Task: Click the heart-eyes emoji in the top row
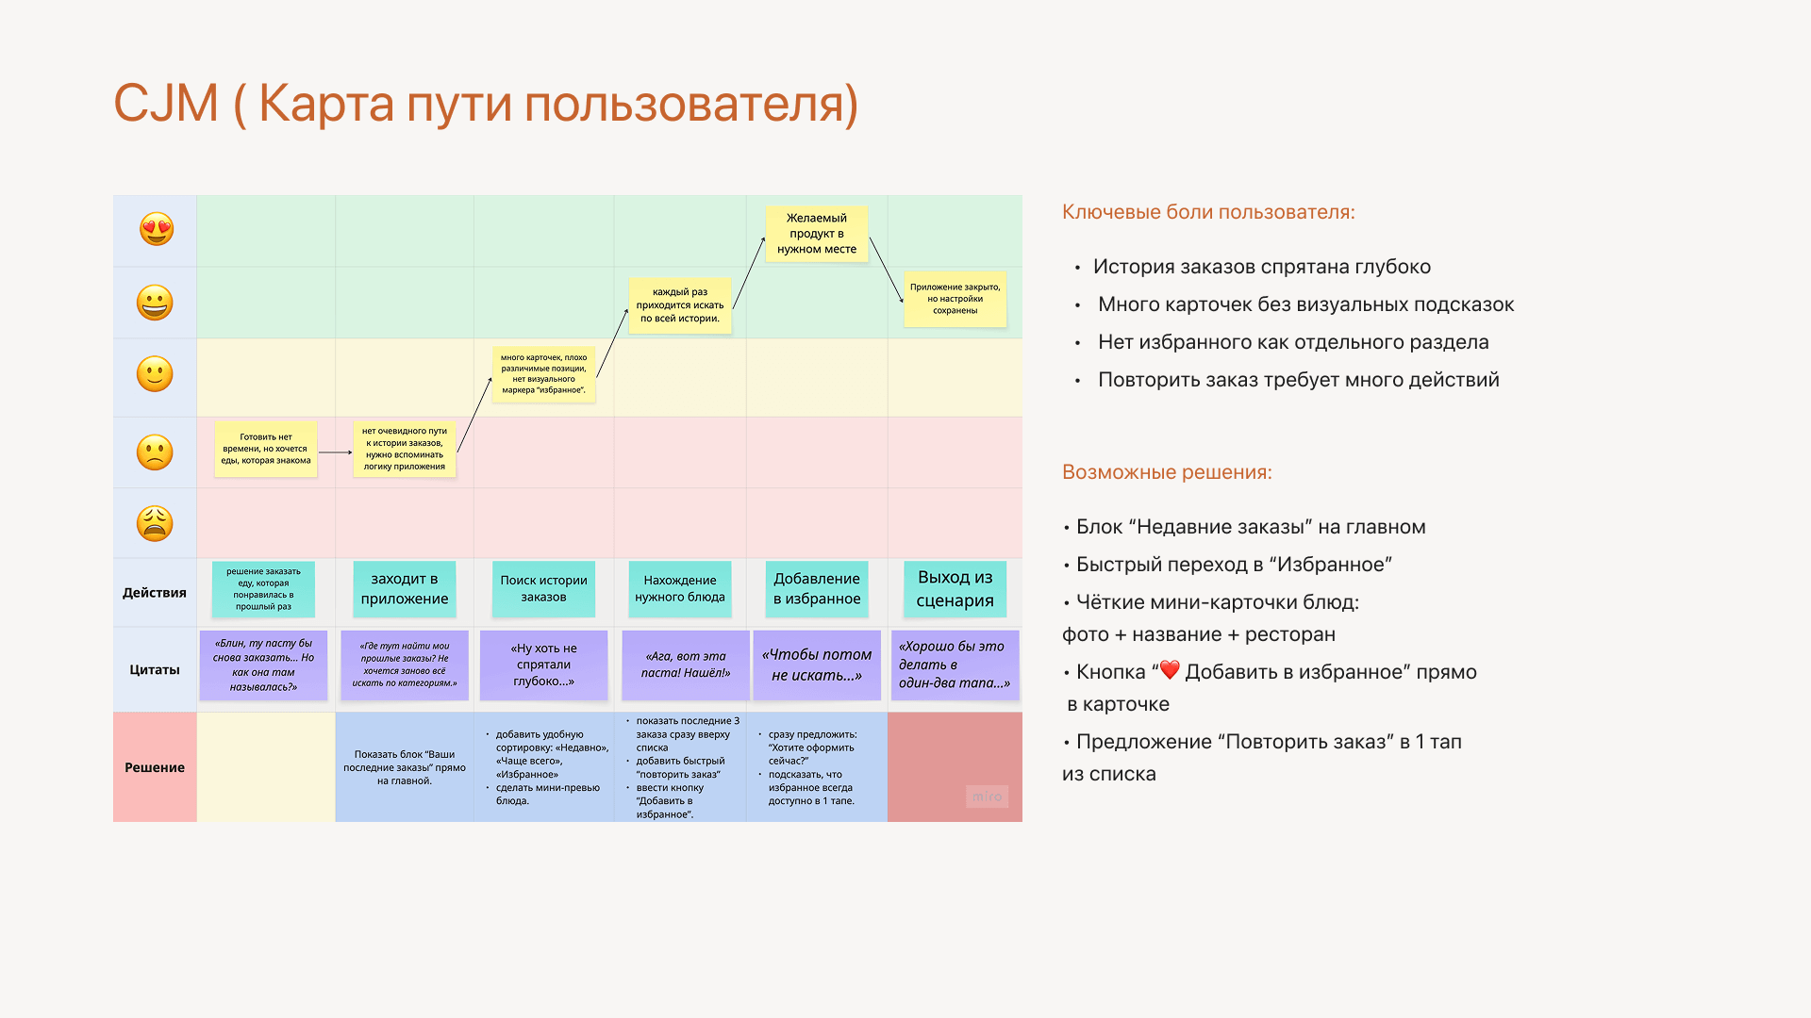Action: (157, 229)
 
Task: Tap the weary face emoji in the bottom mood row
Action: (155, 523)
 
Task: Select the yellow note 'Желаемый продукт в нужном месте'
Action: (816, 234)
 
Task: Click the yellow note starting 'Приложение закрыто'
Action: (955, 299)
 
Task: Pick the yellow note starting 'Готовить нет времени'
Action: (265, 449)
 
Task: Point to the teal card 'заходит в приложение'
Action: (404, 589)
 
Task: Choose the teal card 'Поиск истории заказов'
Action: (543, 589)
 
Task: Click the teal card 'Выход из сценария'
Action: (955, 589)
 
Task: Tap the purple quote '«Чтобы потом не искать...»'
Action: (816, 665)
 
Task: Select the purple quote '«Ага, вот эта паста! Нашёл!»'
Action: (685, 665)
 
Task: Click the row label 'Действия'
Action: (155, 593)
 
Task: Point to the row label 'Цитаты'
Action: (155, 670)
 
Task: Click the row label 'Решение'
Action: (155, 767)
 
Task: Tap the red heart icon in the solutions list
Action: (1170, 670)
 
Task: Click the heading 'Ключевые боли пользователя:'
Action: (1208, 212)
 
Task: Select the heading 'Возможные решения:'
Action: (1167, 472)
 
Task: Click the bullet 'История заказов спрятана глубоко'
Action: (1261, 267)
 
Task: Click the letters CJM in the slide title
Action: (166, 104)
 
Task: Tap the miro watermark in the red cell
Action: (987, 796)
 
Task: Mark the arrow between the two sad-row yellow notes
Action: (335, 452)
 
